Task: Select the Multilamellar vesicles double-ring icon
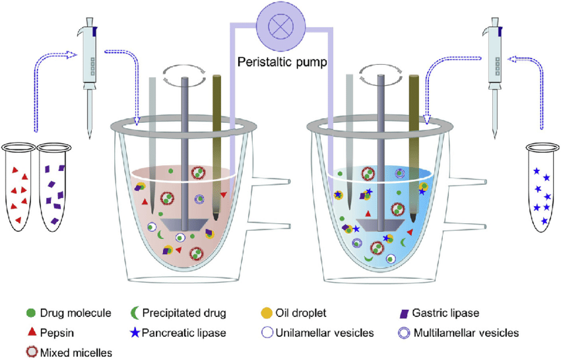point(404,332)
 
